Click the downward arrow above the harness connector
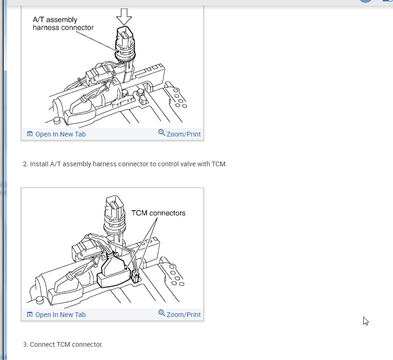(124, 17)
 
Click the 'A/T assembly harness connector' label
(63, 24)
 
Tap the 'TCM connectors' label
(158, 213)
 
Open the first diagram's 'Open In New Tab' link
(60, 134)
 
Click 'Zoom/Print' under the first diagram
(184, 134)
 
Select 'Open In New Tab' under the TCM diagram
(60, 315)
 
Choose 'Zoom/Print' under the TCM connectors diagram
(184, 315)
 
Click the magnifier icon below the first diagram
(162, 133)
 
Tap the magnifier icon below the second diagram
(162, 313)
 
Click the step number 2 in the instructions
(26, 164)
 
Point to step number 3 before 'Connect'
(26, 345)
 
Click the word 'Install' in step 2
(39, 164)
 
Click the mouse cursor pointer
(366, 321)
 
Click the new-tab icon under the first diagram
(30, 134)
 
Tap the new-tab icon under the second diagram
(30, 314)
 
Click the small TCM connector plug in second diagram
(136, 276)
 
